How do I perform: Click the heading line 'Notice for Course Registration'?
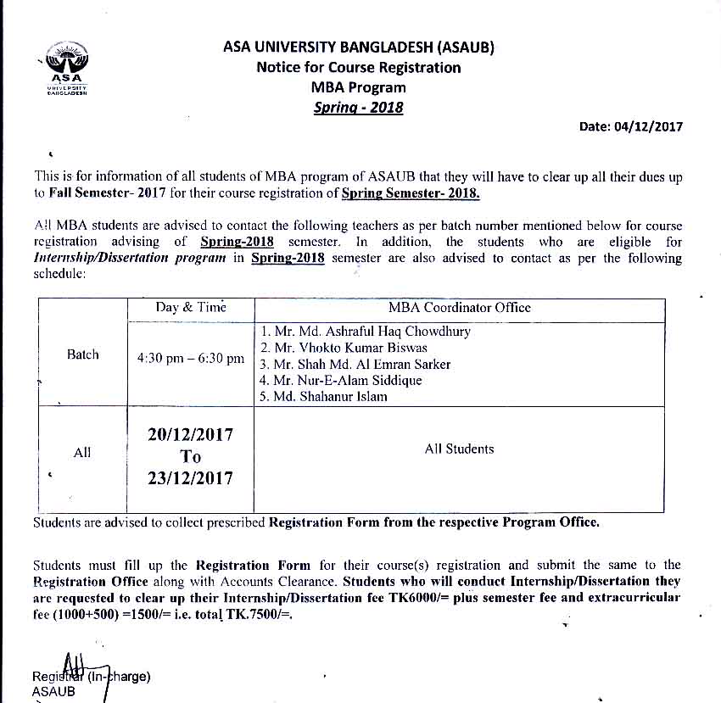(359, 67)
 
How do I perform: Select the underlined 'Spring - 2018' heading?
(358, 107)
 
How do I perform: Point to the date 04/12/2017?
(630, 127)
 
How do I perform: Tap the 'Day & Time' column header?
(191, 308)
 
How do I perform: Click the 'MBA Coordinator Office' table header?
(459, 308)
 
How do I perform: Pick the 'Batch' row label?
(82, 354)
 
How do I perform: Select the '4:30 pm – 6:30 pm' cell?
(191, 359)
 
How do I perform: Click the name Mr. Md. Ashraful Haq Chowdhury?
(366, 332)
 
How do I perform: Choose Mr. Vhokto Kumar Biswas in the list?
(344, 348)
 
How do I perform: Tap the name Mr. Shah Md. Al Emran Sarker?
(355, 364)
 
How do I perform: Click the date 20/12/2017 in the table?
(190, 434)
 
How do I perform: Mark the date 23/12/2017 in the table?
(190, 478)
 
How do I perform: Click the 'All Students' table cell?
(459, 449)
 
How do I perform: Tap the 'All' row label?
(82, 453)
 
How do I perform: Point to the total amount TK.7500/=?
(254, 614)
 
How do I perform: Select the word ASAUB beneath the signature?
(53, 691)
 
